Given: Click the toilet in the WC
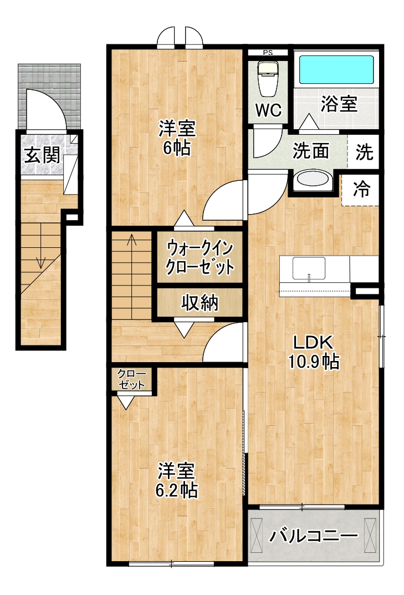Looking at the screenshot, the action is (x=268, y=79).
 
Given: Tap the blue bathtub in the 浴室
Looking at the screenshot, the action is (x=336, y=69).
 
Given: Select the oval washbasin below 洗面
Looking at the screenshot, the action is (x=312, y=180).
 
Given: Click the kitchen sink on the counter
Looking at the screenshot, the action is (x=309, y=268).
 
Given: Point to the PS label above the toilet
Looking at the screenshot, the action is (x=268, y=53).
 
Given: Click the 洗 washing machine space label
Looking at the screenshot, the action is (x=364, y=152).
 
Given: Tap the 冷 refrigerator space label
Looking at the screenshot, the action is (x=361, y=189).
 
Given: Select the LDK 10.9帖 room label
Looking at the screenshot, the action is (x=314, y=352).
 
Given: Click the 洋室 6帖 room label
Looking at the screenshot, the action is (x=177, y=138).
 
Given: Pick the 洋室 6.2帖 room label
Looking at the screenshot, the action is (x=177, y=480).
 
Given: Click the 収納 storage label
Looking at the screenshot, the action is (x=200, y=302).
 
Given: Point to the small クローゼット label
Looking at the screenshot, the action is (x=132, y=379).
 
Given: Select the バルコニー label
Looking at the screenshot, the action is (x=314, y=536).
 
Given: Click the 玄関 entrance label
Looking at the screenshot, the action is (x=42, y=155).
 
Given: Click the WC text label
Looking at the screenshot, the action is (x=268, y=110).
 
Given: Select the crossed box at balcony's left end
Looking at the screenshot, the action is (x=257, y=535).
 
